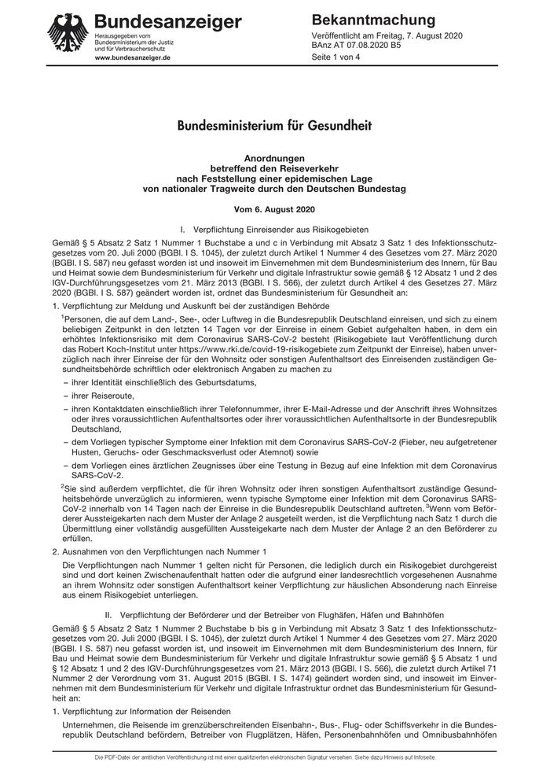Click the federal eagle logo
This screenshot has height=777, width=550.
pyautogui.click(x=68, y=34)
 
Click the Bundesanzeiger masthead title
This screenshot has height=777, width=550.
pyautogui.click(x=167, y=21)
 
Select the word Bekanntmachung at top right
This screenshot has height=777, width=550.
pyautogui.click(x=373, y=20)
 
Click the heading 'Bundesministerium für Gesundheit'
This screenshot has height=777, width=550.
pyautogui.click(x=274, y=125)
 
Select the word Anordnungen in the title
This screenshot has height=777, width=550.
pyautogui.click(x=274, y=158)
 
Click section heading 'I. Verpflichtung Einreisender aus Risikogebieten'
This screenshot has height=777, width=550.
pyautogui.click(x=274, y=228)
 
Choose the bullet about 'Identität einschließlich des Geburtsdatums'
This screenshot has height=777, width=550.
pyautogui.click(x=164, y=381)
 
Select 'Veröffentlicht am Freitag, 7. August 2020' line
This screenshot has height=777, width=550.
pyautogui.click(x=387, y=36)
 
